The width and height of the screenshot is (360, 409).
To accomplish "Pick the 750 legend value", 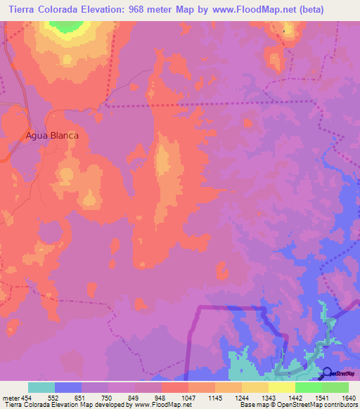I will [x=107, y=398].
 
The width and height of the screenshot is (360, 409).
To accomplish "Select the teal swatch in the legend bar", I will [x=41, y=387].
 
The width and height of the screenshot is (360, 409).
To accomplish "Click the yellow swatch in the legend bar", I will [x=281, y=387].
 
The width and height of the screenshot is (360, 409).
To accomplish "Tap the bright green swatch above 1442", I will [x=308, y=387].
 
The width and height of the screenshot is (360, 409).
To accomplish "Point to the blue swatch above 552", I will [x=68, y=387].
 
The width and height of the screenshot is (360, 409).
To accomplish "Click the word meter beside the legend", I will [x=9, y=398].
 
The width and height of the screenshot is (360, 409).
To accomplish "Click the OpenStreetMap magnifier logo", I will [x=327, y=373].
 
